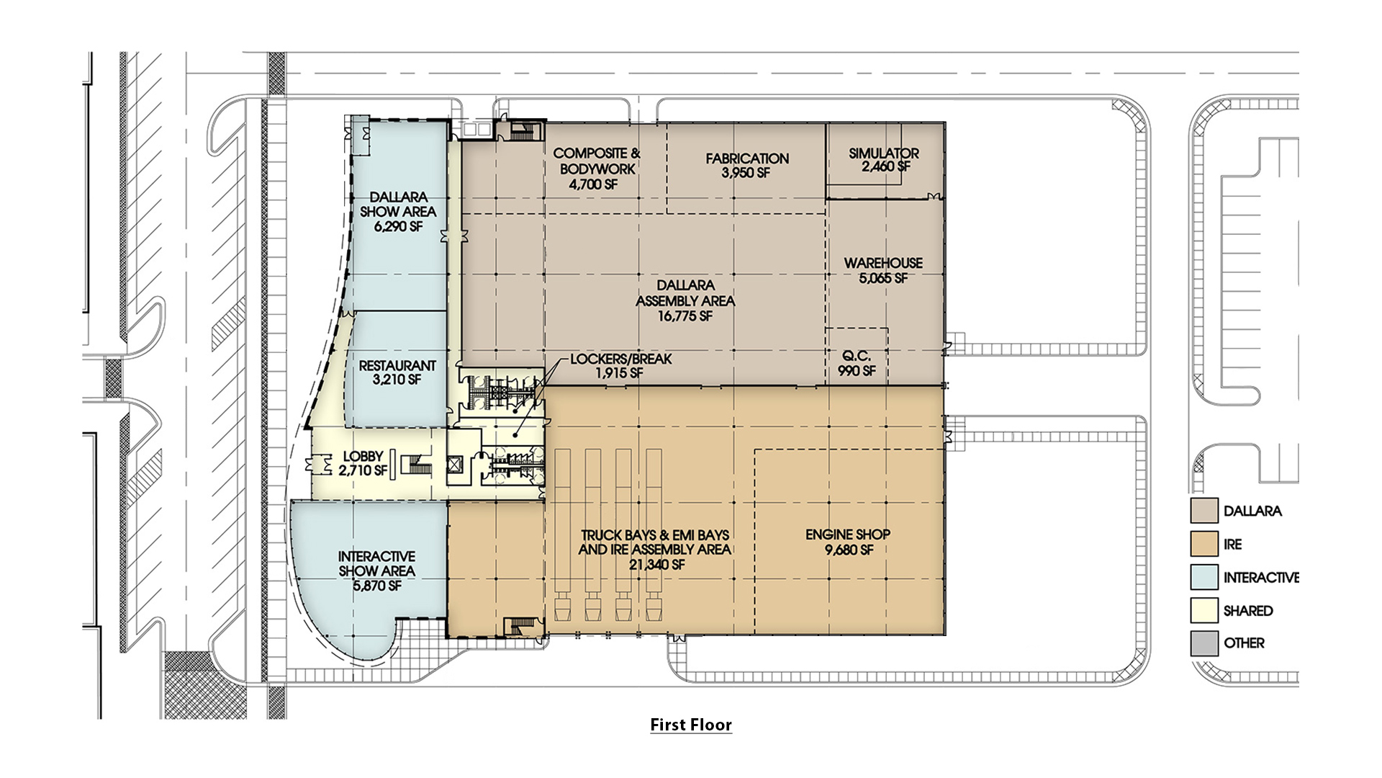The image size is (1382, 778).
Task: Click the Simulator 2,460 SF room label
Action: click(x=884, y=160)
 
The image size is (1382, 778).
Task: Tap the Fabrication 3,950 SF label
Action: click(x=747, y=166)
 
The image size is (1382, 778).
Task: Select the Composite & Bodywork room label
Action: click(x=596, y=169)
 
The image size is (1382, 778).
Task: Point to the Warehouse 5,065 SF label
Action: click(x=883, y=271)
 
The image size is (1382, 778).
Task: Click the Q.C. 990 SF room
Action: click(x=857, y=363)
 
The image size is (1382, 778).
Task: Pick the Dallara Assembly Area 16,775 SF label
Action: click(x=685, y=300)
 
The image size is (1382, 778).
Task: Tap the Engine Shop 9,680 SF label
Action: click(x=848, y=542)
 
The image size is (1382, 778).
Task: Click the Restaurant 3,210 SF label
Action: click(x=397, y=372)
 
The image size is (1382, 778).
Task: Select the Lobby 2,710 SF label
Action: click(x=363, y=463)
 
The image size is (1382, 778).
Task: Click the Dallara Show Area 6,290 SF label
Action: click(x=398, y=211)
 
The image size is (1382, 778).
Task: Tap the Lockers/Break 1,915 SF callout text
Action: click(x=620, y=366)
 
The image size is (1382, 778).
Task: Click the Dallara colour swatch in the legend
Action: click(x=1204, y=511)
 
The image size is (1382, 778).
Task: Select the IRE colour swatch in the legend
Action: click(x=1204, y=544)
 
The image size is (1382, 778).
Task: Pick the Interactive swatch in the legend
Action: click(x=1204, y=577)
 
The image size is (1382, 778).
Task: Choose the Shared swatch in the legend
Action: click(x=1204, y=610)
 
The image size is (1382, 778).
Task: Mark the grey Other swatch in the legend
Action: click(x=1204, y=643)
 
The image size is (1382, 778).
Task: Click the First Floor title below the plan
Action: click(x=690, y=725)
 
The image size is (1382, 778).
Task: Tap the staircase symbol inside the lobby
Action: click(x=415, y=465)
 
